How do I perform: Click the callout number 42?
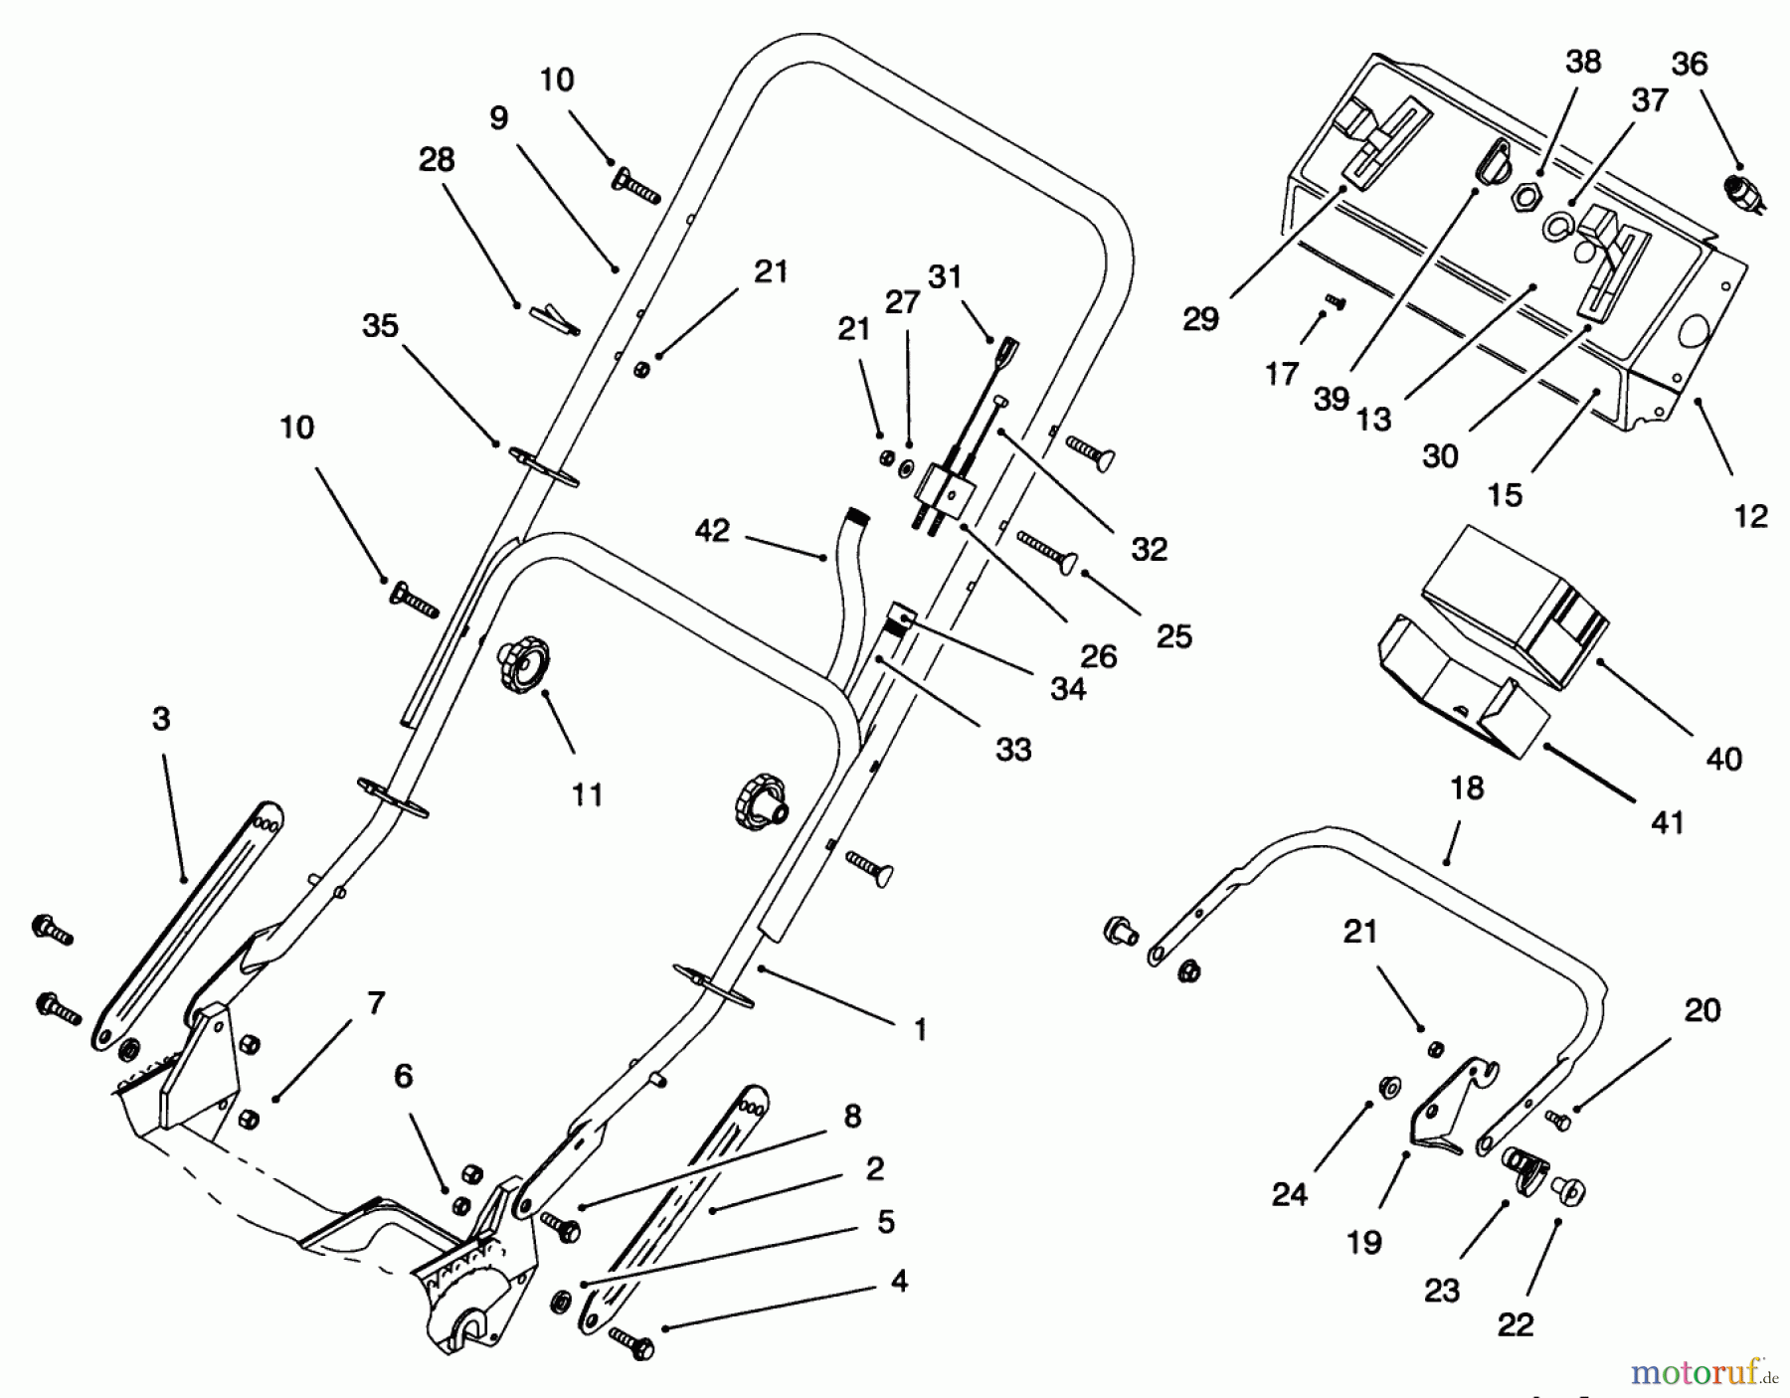[x=712, y=531]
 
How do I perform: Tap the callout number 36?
[x=1690, y=64]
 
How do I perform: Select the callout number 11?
[x=587, y=794]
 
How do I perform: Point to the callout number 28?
[x=437, y=160]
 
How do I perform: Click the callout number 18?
[x=1467, y=788]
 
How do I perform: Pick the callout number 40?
[x=1723, y=760]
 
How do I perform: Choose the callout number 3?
[x=161, y=719]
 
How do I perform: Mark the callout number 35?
[x=380, y=326]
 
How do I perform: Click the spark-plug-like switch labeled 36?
[x=1741, y=189]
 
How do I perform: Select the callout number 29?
[x=1200, y=319]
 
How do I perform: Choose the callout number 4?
[x=899, y=1282]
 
